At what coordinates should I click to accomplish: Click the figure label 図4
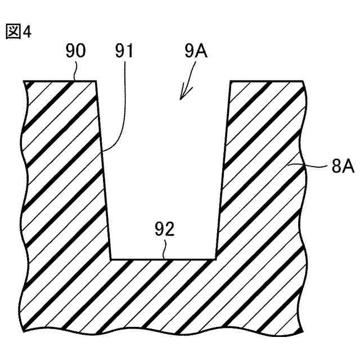[x=19, y=31]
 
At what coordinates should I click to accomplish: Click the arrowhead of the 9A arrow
[x=182, y=96]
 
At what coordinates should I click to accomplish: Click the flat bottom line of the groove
[x=163, y=260]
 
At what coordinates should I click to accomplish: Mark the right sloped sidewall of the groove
[x=223, y=169]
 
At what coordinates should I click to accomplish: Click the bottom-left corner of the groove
[x=110, y=260]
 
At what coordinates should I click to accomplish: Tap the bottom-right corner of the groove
[x=217, y=260]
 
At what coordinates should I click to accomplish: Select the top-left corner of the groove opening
[x=96, y=81]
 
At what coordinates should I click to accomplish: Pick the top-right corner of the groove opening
[x=231, y=81]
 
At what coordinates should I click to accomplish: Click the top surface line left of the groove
[x=59, y=81]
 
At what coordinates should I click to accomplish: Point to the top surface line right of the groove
[x=267, y=81]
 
